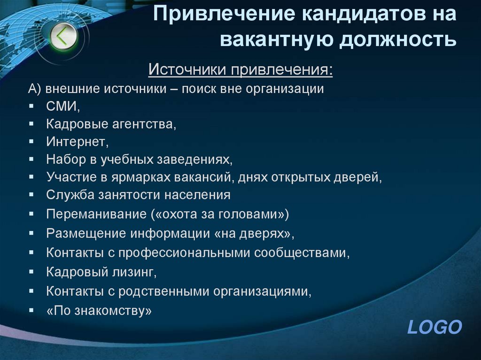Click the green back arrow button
click(64, 36)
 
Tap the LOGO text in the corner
click(434, 327)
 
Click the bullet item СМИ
click(63, 107)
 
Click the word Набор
click(65, 159)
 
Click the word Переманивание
click(96, 214)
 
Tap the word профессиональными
click(185, 253)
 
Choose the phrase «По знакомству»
click(99, 310)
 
